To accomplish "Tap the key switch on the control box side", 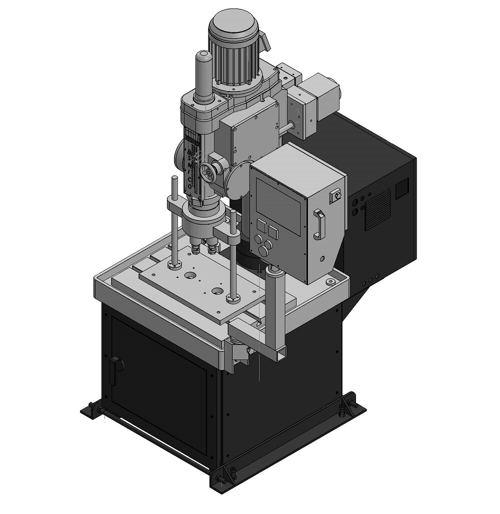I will [334, 196].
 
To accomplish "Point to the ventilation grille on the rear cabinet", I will [377, 209].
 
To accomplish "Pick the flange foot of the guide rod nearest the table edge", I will [232, 299].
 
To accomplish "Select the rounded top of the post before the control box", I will [275, 271].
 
